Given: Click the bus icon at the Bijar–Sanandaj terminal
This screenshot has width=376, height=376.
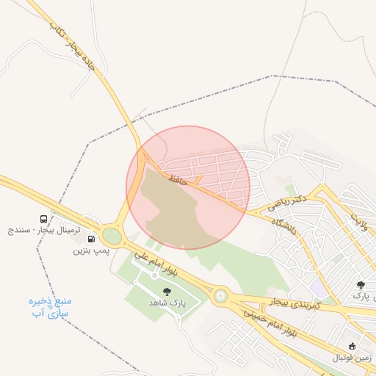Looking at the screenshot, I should [x=45, y=218].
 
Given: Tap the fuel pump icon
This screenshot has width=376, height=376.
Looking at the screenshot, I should [x=91, y=238].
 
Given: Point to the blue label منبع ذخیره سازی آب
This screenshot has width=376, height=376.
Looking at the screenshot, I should [x=51, y=307].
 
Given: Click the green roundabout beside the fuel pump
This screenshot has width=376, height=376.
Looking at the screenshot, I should [x=112, y=236].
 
